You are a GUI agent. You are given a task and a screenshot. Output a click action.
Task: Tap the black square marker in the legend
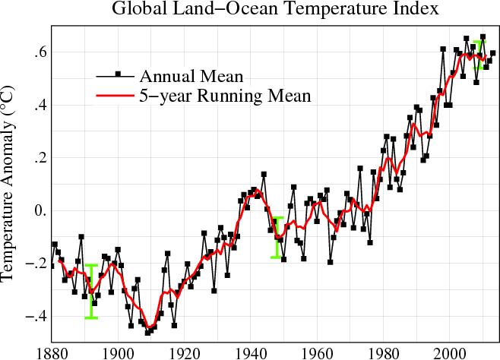(118, 74)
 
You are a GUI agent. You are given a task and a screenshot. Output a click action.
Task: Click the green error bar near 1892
(91, 292)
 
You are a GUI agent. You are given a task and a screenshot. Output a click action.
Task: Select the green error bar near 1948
(277, 238)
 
